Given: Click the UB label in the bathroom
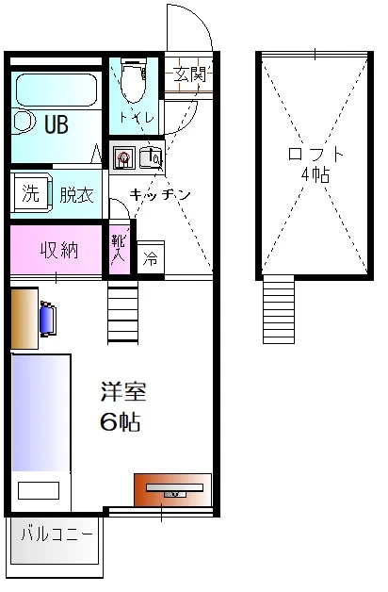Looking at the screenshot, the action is [57, 123].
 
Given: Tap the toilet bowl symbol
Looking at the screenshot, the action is [134, 81].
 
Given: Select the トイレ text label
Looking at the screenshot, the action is [137, 118].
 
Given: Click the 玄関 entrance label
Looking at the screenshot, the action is [190, 74].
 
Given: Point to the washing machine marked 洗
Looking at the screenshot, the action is [32, 193].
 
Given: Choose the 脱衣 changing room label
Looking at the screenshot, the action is [76, 194].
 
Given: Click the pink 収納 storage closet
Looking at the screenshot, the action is [57, 249].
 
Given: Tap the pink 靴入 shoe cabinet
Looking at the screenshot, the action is [120, 249].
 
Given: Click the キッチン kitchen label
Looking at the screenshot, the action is [160, 195].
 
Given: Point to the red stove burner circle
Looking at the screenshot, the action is [123, 156].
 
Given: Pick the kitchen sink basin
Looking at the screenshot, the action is [151, 157].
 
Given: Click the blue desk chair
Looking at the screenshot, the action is [48, 318].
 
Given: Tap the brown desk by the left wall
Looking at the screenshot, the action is [24, 318].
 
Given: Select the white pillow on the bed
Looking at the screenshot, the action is [39, 490].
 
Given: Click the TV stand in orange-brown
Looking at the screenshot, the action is [173, 489].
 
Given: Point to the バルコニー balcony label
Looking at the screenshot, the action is [57, 534].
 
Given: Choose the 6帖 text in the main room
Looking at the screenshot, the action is [121, 421].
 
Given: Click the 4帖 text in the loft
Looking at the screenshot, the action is [315, 174].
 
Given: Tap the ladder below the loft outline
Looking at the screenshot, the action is [278, 309].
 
